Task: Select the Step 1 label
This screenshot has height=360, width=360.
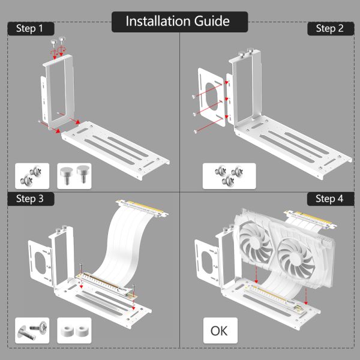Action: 30,28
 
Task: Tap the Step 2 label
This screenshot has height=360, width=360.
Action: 329,28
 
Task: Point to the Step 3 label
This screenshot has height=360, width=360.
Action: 30,199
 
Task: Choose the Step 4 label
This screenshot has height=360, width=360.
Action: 329,199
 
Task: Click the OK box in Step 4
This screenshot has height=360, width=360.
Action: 220,331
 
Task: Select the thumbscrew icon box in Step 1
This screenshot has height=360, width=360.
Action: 74,176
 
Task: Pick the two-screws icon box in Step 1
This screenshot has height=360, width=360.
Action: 32,176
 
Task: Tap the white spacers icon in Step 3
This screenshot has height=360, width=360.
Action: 74,331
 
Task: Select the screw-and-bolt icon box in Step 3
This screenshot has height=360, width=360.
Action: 32,331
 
